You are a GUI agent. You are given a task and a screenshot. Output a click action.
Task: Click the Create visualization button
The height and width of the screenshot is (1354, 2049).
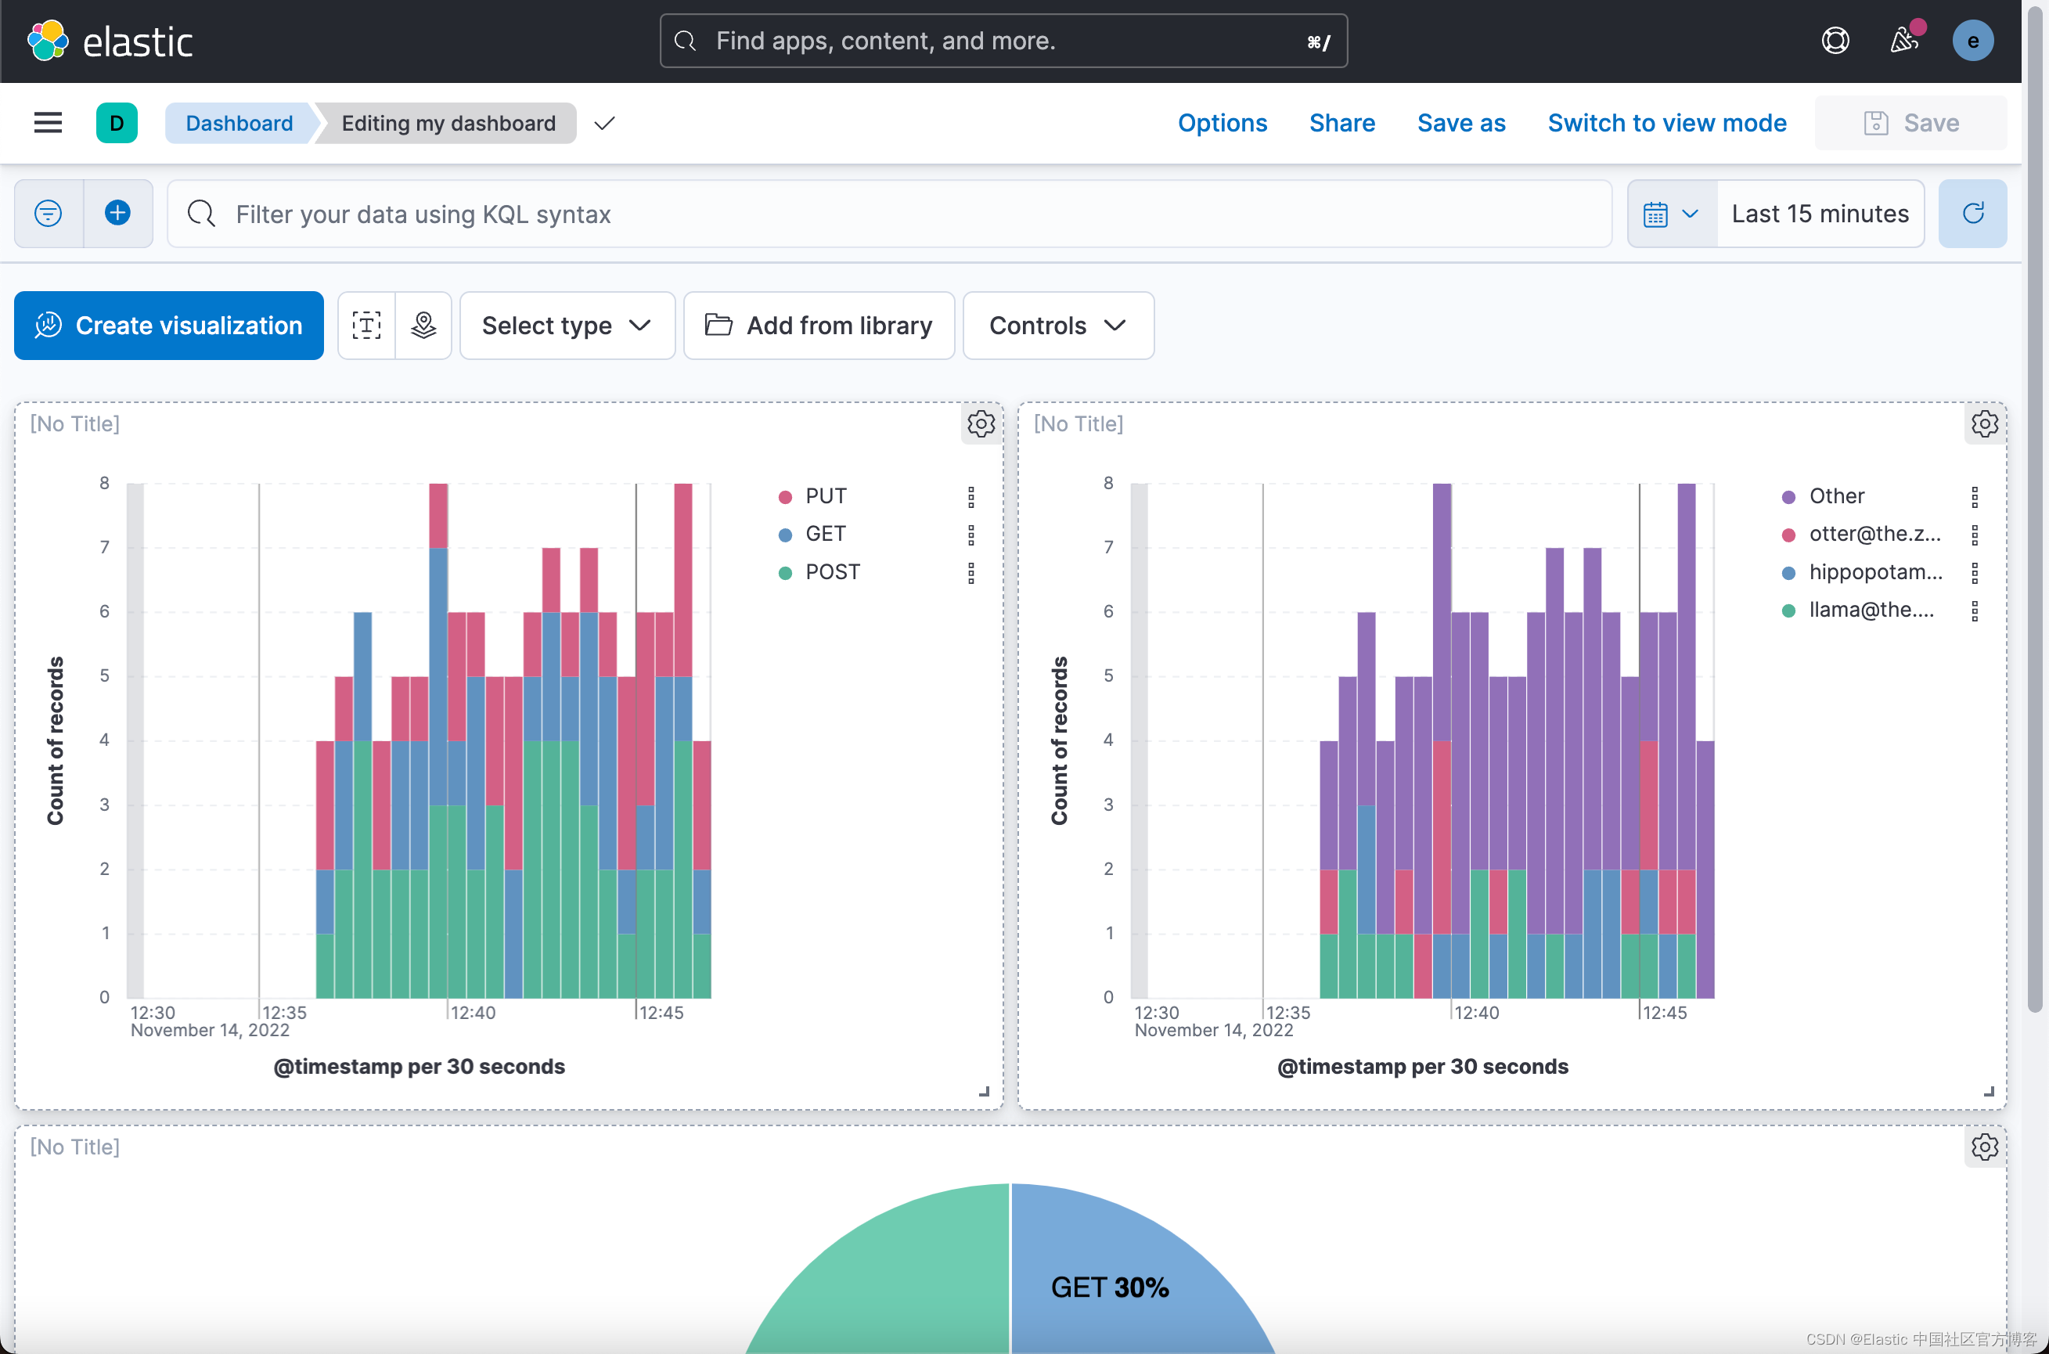pos(168,326)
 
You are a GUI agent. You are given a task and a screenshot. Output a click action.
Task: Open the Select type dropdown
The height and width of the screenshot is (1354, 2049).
pos(567,326)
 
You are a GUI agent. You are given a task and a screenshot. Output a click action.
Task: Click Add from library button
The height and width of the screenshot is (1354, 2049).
pos(819,326)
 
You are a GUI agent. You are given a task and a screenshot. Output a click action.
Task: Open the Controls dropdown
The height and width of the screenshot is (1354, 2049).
pos(1057,326)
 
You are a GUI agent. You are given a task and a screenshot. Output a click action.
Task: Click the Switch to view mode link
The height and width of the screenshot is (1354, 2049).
pos(1666,123)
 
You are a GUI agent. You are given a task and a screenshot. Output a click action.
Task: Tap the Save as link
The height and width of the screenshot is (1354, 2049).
pos(1461,123)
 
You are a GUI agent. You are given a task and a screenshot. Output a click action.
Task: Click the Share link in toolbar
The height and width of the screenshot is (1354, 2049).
pos(1341,123)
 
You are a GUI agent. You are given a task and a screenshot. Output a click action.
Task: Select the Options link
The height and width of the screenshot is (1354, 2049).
pos(1222,123)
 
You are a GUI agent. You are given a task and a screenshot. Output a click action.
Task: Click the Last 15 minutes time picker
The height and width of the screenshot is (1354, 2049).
pos(1820,214)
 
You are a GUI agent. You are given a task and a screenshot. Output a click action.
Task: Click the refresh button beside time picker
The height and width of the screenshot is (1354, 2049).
pos(1972,214)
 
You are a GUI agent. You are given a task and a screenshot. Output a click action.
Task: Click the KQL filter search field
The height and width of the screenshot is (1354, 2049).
pos(889,214)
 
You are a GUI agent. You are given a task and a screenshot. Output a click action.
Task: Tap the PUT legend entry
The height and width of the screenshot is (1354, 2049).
pos(825,495)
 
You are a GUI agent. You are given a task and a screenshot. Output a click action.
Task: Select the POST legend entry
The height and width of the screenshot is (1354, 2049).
pos(831,571)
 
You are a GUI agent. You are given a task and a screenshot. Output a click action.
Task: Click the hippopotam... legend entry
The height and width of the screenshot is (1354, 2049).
pos(1874,571)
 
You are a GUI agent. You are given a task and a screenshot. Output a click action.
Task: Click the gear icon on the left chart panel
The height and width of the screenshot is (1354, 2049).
pos(981,424)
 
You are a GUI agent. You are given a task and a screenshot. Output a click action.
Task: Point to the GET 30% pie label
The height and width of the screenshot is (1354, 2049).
pos(1110,1287)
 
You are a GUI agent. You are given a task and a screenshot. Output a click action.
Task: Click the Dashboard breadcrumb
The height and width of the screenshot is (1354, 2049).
pos(239,123)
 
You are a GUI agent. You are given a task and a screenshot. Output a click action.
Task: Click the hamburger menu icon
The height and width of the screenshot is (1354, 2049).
pos(49,123)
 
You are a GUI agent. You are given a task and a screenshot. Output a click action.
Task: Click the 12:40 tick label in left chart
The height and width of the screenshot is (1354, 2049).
pos(474,1012)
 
